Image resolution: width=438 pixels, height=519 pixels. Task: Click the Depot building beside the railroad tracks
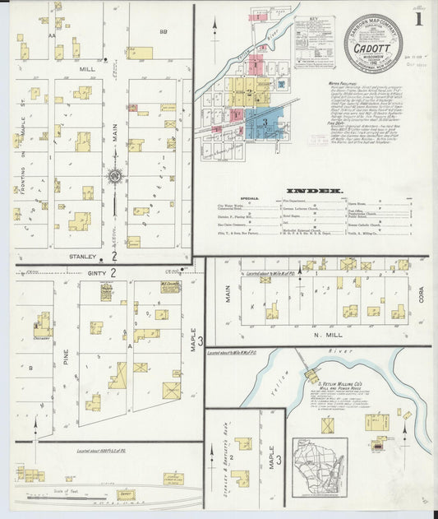pos(126,494)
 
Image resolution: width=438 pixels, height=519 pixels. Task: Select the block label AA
pos(53,36)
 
